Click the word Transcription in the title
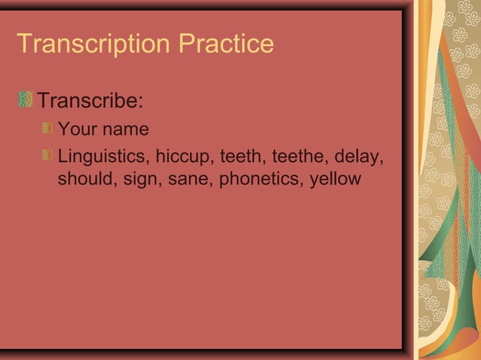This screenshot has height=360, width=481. (x=94, y=44)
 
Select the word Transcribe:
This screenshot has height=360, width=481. (x=91, y=100)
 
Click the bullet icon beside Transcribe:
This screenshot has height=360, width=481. (x=26, y=99)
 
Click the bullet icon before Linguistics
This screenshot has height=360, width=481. (x=48, y=157)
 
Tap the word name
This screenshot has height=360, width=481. (x=126, y=130)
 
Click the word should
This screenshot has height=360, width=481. (x=83, y=181)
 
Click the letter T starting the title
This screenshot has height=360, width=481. (x=23, y=44)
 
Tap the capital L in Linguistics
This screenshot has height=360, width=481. (x=63, y=157)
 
